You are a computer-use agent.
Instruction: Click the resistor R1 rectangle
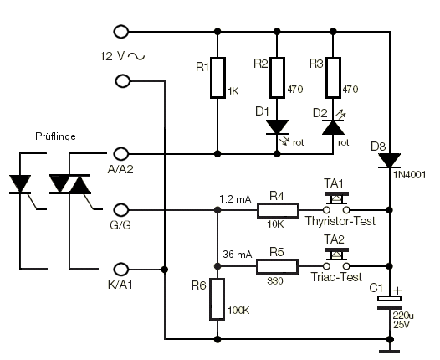coord(217,78)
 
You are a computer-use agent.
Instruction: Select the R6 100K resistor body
coord(217,299)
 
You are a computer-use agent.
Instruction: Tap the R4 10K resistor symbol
coord(278,210)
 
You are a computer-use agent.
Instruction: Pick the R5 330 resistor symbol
coord(277,266)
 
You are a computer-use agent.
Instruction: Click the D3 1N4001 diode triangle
coord(390,161)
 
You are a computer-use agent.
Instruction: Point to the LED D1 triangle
coord(277,127)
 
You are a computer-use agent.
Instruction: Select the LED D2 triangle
coord(333,127)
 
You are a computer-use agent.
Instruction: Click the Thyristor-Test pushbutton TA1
coord(336,202)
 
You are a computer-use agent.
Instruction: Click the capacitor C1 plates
coord(390,303)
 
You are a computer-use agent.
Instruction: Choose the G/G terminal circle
coord(121,210)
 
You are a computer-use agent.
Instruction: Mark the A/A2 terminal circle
coord(121,153)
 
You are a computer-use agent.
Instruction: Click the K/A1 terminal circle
coord(121,270)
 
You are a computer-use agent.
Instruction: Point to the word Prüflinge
coord(55,136)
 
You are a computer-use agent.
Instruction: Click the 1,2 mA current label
coord(235,199)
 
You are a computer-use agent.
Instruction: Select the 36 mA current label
coord(238,255)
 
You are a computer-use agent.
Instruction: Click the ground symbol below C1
coord(390,352)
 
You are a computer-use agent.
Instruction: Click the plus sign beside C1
coord(397,291)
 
